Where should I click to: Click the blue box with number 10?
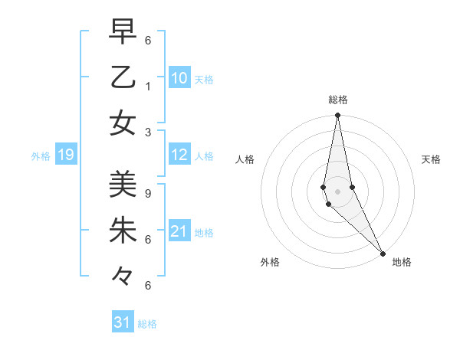click(179, 78)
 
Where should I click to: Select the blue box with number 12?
click(179, 155)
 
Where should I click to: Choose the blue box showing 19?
click(65, 155)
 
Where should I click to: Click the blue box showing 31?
click(123, 322)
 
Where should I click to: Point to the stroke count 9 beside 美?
click(148, 193)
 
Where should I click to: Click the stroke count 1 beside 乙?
click(148, 86)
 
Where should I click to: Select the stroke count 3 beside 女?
click(148, 132)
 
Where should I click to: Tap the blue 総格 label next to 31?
click(147, 324)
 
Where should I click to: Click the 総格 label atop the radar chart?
click(337, 100)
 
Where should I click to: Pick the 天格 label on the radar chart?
click(431, 159)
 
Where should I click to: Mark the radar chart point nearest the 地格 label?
click(383, 253)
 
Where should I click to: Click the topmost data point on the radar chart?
click(337, 116)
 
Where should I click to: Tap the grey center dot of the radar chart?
click(337, 191)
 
